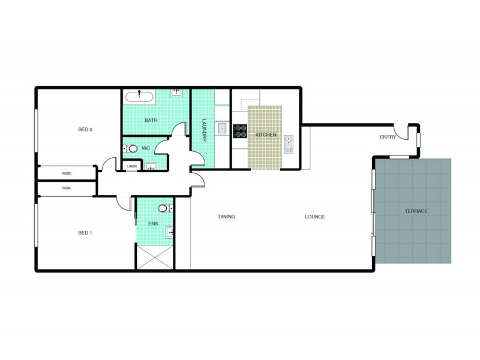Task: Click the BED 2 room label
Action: pos(85,130)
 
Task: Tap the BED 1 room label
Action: pos(85,233)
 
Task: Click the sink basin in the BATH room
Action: pos(177,93)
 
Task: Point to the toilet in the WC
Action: pos(132,148)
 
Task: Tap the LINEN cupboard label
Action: pos(132,166)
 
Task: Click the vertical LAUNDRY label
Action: pos(205,129)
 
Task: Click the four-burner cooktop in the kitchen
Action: pos(240,131)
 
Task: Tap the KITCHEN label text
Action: pos(266,135)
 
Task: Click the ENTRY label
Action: pos(388,137)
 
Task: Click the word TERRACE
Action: pos(416,212)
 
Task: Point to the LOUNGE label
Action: pos(314,217)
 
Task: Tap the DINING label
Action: pos(226,217)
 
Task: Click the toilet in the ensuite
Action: pos(164,209)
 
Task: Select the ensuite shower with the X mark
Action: pos(155,257)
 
